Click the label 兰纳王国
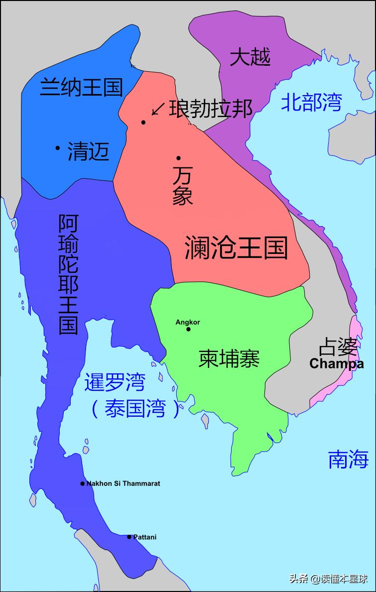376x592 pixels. point(81,87)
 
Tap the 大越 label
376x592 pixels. point(250,58)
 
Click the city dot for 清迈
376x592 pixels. point(58,147)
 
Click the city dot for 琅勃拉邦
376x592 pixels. point(143,122)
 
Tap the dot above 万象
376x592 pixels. point(178,158)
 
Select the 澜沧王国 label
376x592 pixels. point(236,247)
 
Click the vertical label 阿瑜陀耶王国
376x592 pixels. point(68,274)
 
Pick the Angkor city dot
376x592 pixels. point(188,329)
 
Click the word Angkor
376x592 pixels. point(188,322)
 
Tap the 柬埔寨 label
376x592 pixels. point(229,358)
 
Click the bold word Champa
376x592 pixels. point(336,364)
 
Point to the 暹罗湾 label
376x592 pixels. point(115,382)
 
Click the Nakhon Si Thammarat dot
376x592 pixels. point(83,483)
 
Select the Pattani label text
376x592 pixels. point(145,537)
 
